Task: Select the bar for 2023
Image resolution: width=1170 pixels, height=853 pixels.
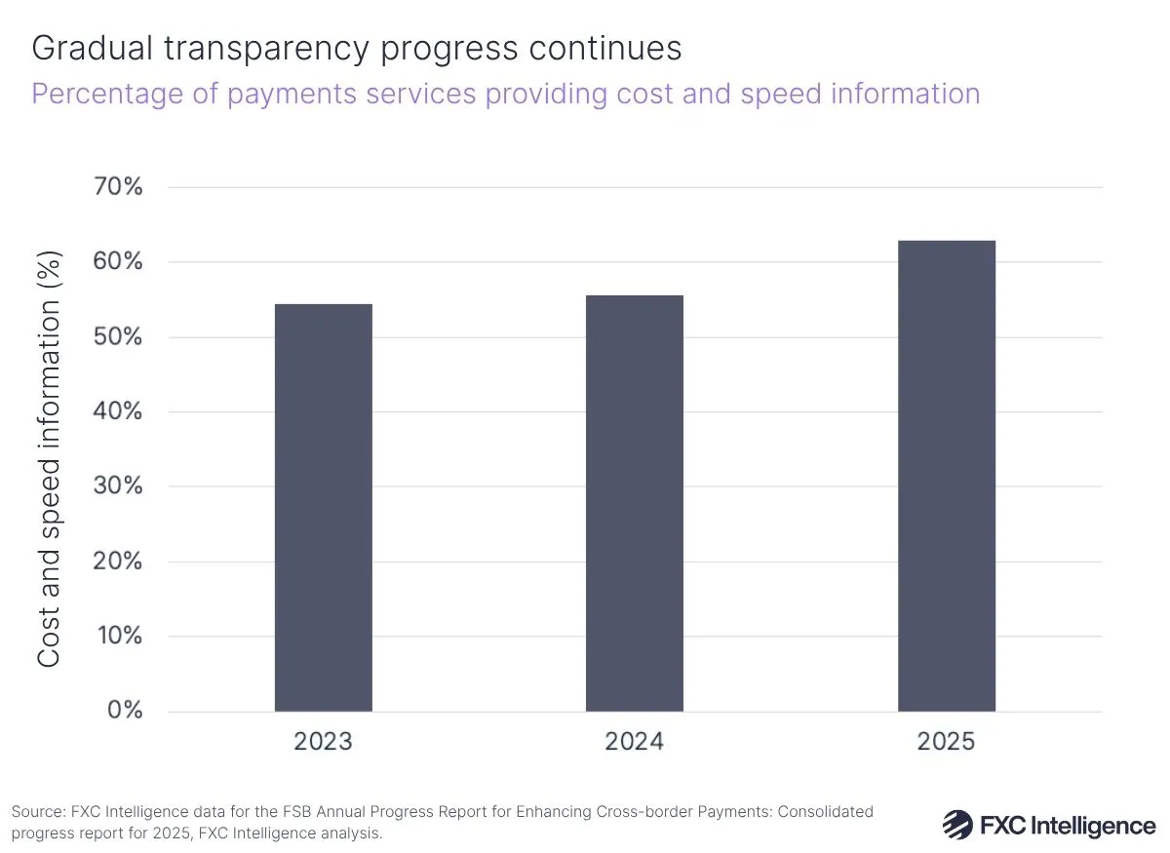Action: tap(323, 507)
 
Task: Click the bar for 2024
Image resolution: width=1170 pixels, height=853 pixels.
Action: tap(634, 503)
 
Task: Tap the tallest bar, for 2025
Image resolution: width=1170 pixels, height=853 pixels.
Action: tap(946, 476)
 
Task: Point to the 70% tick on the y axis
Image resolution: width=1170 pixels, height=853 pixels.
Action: tap(118, 187)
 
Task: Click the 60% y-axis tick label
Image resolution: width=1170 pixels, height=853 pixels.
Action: tap(118, 262)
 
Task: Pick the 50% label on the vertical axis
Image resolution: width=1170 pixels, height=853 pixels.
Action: tap(118, 337)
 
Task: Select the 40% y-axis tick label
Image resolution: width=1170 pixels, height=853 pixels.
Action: tap(118, 411)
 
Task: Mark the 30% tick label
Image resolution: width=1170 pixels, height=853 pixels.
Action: tap(118, 486)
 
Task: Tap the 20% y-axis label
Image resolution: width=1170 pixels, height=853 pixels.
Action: tap(118, 562)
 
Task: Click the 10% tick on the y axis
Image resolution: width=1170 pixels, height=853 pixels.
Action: tap(118, 636)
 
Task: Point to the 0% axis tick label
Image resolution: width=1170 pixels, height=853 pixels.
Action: tap(124, 711)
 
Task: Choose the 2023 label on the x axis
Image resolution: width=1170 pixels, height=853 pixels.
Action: tap(323, 742)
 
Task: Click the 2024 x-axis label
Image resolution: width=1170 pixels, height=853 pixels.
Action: tap(634, 742)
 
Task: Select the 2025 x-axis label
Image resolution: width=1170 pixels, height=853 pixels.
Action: tap(946, 742)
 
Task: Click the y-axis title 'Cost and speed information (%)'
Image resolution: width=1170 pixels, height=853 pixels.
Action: tap(50, 458)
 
